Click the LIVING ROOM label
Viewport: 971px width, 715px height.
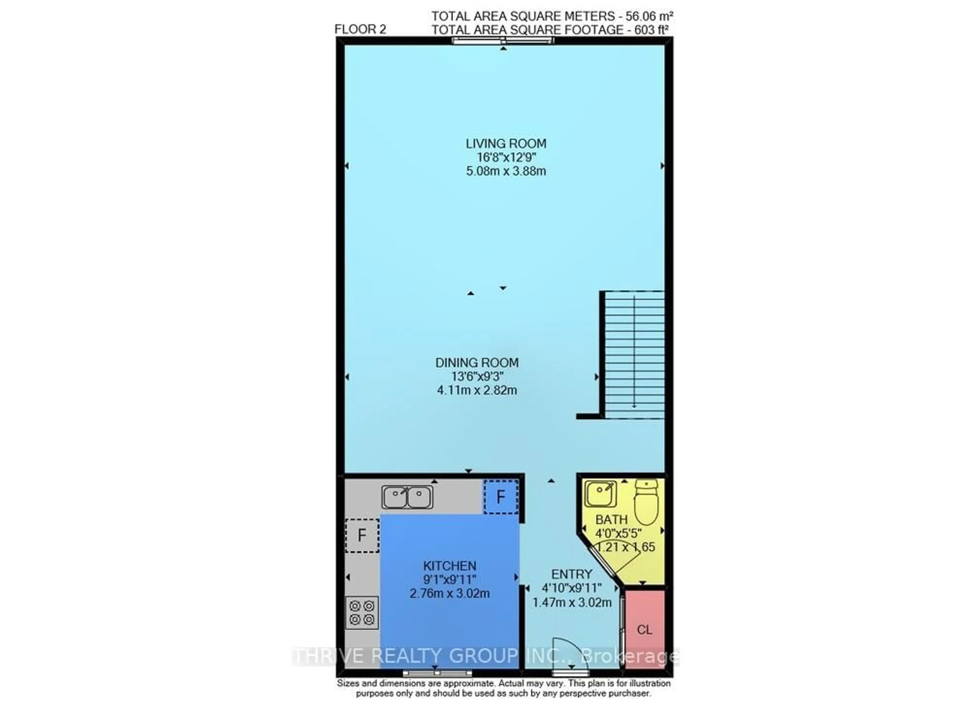(505, 143)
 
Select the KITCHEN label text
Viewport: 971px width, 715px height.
(450, 566)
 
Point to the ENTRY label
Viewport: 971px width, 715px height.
(571, 574)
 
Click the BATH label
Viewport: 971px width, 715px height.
(611, 519)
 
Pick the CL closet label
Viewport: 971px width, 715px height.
(644, 630)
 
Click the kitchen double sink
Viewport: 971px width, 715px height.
(407, 497)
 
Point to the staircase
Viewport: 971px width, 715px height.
(634, 354)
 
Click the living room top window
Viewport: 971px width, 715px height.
(503, 41)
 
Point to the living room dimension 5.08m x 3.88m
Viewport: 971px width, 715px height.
(505, 171)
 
